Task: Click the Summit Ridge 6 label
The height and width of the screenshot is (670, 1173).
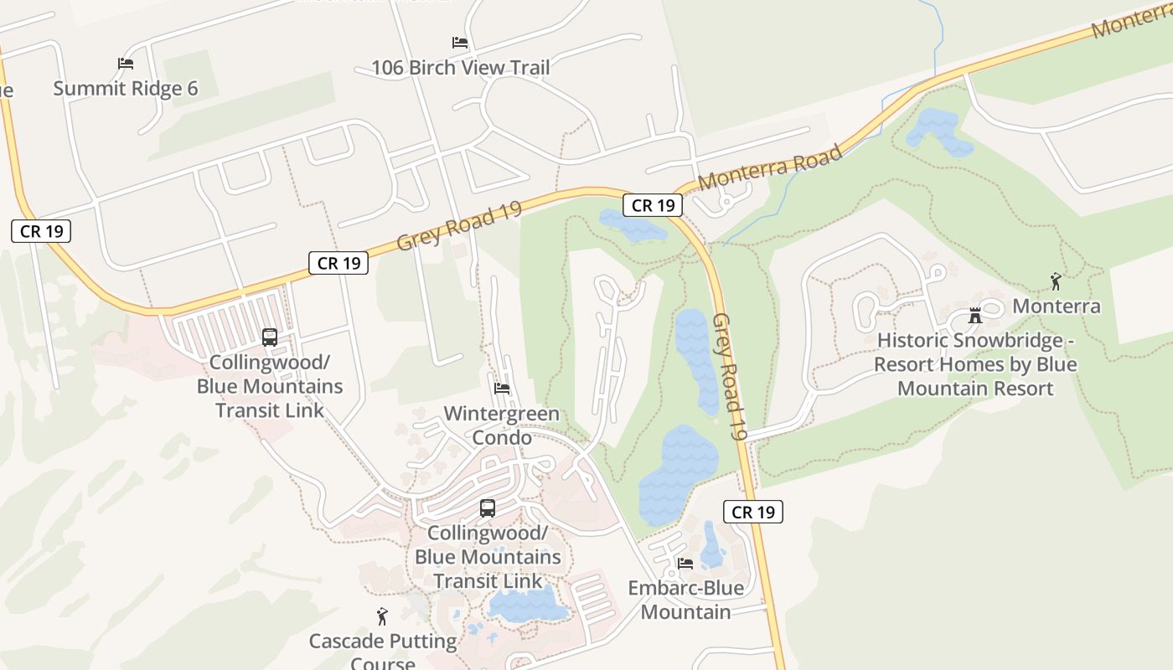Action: pos(126,88)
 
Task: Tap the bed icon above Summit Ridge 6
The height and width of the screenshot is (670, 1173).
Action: pos(126,64)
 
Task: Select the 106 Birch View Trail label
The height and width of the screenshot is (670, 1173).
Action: pos(460,67)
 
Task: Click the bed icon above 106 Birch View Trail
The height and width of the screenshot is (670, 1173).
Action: pos(459,43)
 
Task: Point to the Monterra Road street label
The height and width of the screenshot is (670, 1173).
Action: pos(769,168)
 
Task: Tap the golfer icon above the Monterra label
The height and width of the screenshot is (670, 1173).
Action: pos(1056,281)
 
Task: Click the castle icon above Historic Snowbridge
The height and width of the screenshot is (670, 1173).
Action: pos(974,316)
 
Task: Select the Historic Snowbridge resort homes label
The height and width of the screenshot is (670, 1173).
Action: pos(975,364)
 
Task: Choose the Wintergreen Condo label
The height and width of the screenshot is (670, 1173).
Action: pos(501,425)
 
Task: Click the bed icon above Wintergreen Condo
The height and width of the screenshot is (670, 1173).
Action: pos(502,389)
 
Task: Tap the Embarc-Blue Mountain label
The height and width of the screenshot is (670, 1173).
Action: pos(686,600)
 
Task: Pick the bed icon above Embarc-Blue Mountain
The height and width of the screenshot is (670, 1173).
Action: pos(685,564)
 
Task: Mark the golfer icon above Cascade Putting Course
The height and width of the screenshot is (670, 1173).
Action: pos(383,617)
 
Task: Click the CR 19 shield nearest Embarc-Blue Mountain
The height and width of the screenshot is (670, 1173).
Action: pos(752,512)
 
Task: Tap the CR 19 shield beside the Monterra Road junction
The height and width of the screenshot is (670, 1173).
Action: pos(652,205)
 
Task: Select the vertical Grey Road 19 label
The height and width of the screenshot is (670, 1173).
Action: pos(729,377)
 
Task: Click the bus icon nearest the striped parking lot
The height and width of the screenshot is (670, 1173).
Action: pos(270,338)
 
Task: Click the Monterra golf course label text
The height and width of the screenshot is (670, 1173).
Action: pos(1056,306)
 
